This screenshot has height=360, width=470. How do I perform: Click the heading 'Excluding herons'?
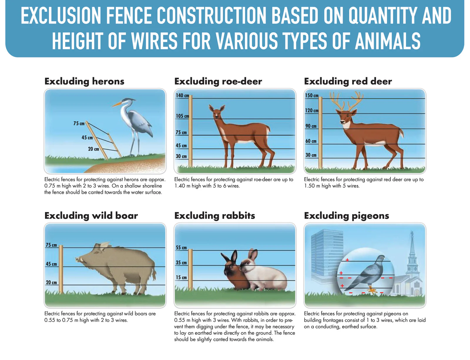[x=84, y=82]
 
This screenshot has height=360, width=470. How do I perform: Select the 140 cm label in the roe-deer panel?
[x=182, y=95]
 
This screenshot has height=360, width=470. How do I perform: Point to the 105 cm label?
[x=182, y=116]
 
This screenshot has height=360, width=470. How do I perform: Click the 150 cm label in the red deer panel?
[x=311, y=95]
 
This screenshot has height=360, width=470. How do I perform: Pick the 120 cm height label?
[x=311, y=110]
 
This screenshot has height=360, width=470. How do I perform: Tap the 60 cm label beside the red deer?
[x=310, y=141]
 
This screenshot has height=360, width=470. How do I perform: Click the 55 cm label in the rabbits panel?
[x=181, y=248]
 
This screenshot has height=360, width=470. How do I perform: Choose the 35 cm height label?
[x=181, y=263]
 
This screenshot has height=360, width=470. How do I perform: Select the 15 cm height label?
[x=181, y=277]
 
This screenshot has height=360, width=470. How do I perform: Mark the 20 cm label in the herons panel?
[x=93, y=149]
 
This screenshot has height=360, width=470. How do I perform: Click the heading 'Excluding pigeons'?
[x=346, y=216]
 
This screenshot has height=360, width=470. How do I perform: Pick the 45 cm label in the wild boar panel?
[x=51, y=264]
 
